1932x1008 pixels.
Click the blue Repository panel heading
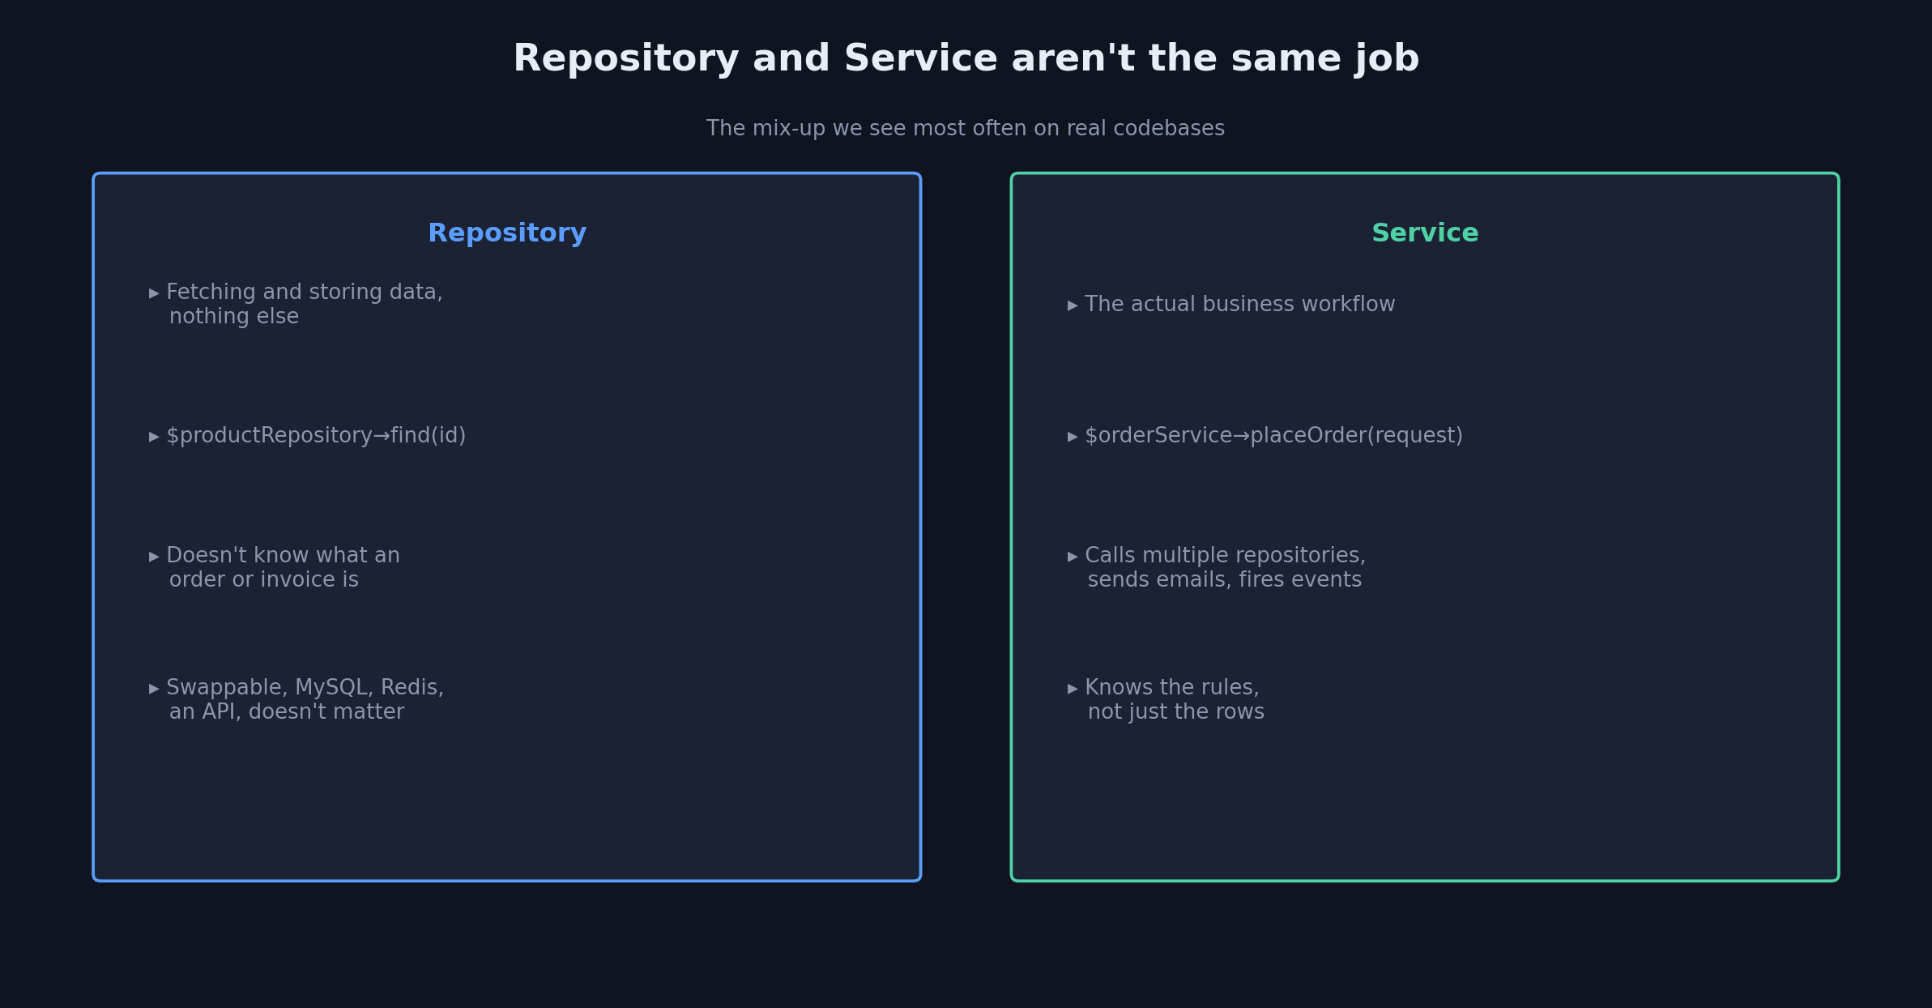coord(507,233)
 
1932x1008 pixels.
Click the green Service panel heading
coord(1425,233)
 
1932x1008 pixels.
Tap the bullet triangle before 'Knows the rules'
coord(1073,689)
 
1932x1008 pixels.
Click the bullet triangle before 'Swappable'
coord(154,689)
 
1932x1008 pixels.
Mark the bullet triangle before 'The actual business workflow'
coord(1073,305)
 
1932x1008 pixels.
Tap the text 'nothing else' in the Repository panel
coord(234,317)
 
